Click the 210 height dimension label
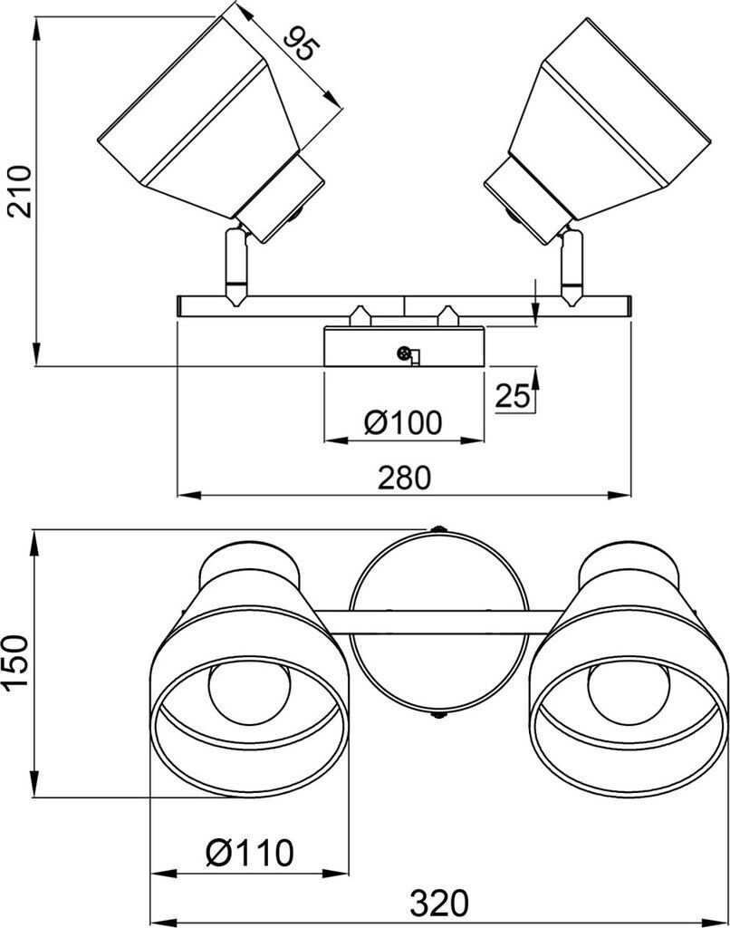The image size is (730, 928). [22, 191]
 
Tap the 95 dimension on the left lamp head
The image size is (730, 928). [301, 43]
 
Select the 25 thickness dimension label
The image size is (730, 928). [513, 396]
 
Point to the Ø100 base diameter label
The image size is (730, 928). [403, 422]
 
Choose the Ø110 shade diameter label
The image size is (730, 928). [250, 853]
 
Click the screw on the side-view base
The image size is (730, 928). [403, 353]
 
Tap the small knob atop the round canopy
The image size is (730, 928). [437, 528]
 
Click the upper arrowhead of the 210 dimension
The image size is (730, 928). [36, 30]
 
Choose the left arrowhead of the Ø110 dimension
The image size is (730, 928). [163, 873]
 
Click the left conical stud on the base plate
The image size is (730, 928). [358, 315]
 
